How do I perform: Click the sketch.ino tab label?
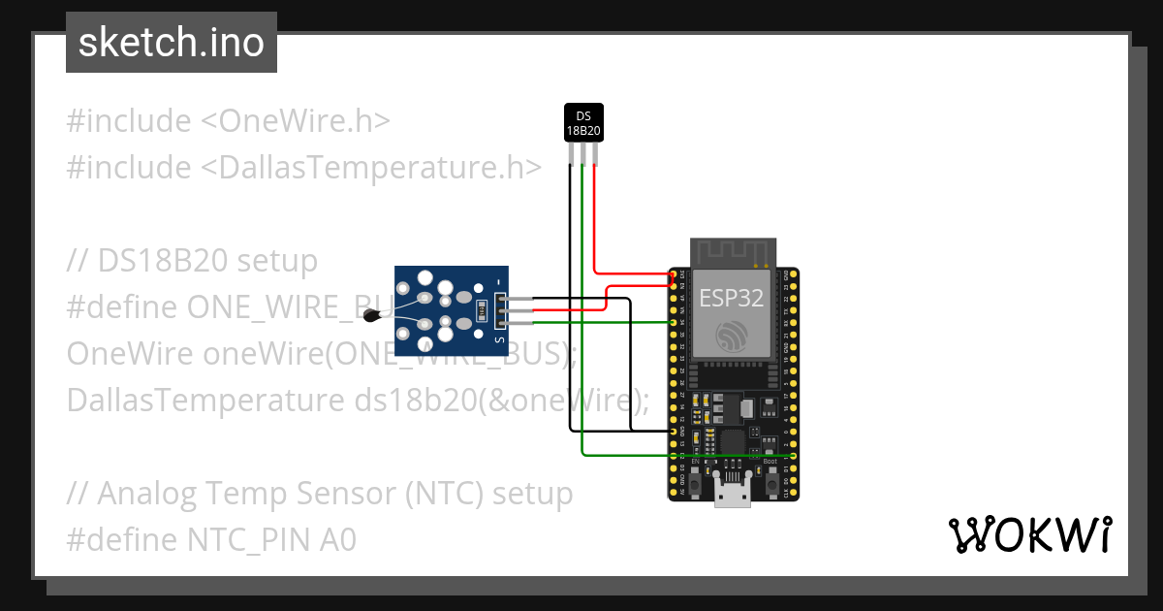point(171,43)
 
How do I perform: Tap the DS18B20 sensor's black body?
point(583,122)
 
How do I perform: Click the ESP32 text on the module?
point(732,299)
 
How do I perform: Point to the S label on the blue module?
point(499,340)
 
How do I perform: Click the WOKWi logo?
point(1029,534)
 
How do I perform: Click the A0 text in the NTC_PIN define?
point(337,540)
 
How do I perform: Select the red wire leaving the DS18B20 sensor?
point(594,213)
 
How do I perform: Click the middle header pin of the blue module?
point(500,310)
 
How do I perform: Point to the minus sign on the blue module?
point(499,282)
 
